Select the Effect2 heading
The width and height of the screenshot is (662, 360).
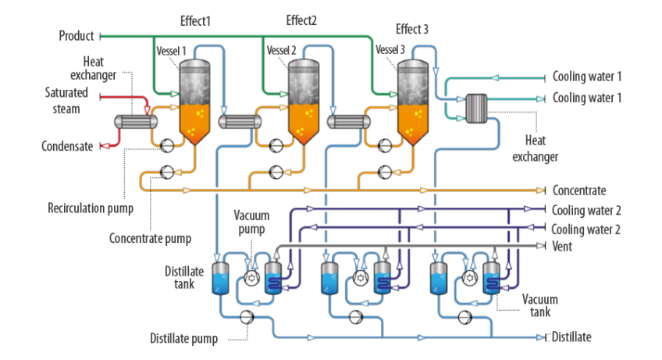[x=301, y=20]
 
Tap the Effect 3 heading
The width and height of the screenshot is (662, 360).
[x=411, y=30]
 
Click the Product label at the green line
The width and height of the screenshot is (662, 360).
[x=77, y=36]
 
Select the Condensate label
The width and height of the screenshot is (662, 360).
[x=67, y=146]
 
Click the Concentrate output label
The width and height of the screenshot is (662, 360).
[x=579, y=190]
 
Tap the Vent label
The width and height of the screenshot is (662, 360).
[x=562, y=246]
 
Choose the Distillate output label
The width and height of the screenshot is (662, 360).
[x=573, y=337]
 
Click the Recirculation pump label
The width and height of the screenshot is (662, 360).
[x=91, y=209]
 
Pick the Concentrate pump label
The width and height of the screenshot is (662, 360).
[x=150, y=238]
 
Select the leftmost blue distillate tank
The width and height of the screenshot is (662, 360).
[x=220, y=279]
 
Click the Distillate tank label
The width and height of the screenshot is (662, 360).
[x=183, y=277]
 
